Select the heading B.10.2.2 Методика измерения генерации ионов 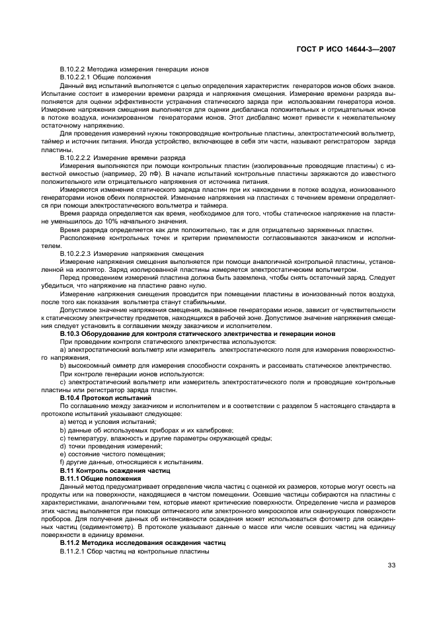(134, 69)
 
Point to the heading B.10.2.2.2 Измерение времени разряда (122, 157)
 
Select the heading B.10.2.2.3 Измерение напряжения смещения (132, 253)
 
